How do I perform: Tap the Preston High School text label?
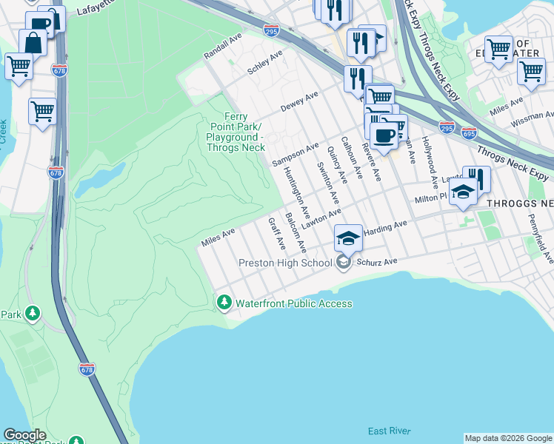click(x=285, y=263)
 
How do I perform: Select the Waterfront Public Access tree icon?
click(x=224, y=303)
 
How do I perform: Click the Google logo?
click(x=24, y=435)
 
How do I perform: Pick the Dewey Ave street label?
click(x=299, y=102)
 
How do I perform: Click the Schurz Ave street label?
click(x=380, y=261)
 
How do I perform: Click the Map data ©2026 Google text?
click(x=508, y=438)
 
